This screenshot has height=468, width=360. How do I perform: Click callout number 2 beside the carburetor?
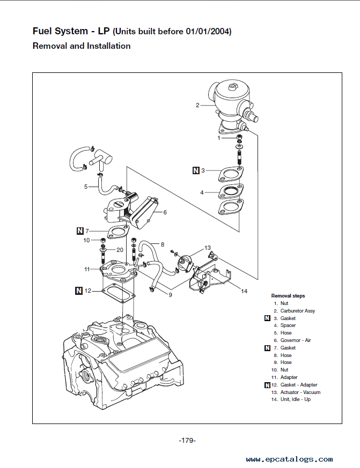197,106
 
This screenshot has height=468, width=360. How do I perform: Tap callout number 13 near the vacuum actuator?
207,248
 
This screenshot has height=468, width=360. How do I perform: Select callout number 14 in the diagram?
244,291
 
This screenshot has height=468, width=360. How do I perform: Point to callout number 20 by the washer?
120,250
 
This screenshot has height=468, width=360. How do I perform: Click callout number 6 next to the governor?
165,212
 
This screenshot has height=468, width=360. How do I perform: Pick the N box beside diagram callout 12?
79,291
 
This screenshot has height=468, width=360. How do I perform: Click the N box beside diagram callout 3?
196,170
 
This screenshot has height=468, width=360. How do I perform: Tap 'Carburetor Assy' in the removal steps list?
298,311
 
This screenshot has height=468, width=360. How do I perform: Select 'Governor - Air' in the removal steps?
296,340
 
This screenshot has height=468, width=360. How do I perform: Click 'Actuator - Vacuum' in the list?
300,392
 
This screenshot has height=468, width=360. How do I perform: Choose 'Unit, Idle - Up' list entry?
296,399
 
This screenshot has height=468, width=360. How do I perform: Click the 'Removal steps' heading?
288,296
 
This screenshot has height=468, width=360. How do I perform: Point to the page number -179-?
187,441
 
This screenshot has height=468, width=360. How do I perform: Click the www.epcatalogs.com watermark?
289,459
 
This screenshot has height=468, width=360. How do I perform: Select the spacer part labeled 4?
231,191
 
